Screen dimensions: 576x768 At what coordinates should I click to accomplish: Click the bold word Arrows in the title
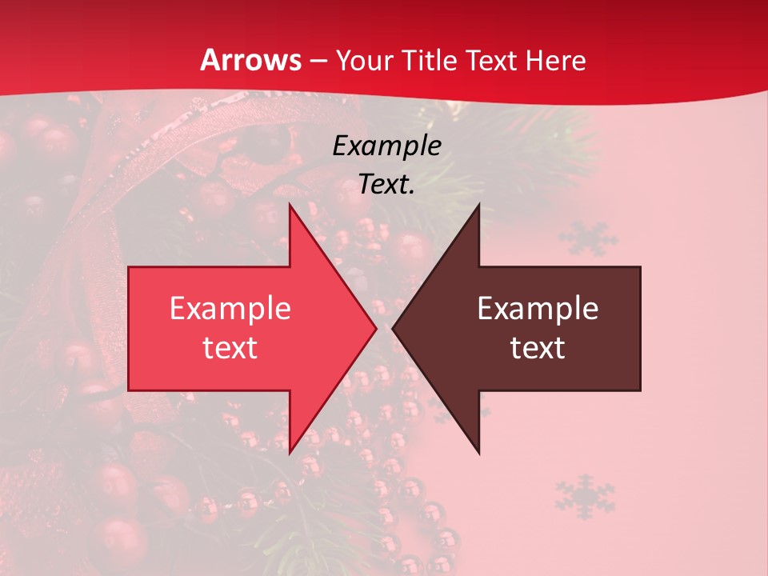point(251,60)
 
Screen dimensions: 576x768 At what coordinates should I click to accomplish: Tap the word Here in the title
point(555,60)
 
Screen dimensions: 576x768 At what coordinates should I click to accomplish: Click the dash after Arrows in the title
point(318,61)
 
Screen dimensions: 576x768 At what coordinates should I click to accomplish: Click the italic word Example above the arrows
point(386,146)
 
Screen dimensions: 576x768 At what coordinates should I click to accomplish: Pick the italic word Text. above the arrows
point(386,185)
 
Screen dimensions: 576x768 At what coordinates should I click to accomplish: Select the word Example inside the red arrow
point(230,308)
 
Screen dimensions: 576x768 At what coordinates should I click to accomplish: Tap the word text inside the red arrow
point(230,348)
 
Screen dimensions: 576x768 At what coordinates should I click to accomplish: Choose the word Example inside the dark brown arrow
point(538,308)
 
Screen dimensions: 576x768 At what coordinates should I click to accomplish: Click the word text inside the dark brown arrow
point(538,348)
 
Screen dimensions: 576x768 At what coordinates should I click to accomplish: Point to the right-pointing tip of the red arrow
point(375,328)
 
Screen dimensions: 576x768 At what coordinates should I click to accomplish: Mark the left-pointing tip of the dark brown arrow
point(394,328)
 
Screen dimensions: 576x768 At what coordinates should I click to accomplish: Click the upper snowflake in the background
point(588,239)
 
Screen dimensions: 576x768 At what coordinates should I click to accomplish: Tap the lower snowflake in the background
point(585,496)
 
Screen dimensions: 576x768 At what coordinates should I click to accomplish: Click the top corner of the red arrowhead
point(290,206)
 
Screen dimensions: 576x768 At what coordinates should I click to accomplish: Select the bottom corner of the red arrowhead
point(290,452)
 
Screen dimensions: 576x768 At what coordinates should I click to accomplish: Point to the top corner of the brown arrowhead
point(478,206)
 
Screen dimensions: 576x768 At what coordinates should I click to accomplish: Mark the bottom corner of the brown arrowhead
point(478,452)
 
